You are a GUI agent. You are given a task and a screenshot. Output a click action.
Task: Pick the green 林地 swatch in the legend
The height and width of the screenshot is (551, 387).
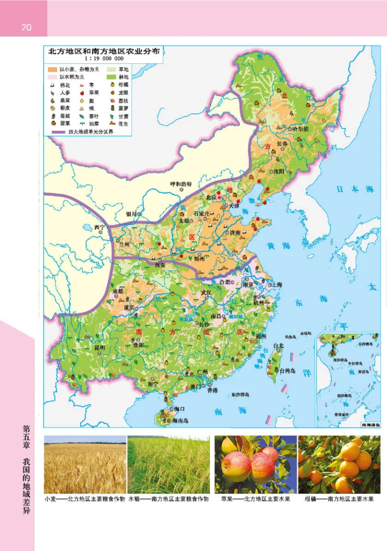coord(112,77)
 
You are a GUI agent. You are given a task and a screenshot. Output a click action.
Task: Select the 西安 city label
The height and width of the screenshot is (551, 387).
coord(160,265)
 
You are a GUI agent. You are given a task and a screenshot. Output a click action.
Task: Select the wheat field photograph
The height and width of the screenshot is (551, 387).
coord(85,464)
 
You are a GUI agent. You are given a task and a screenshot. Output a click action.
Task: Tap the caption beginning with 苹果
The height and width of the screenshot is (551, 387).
coord(255,499)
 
